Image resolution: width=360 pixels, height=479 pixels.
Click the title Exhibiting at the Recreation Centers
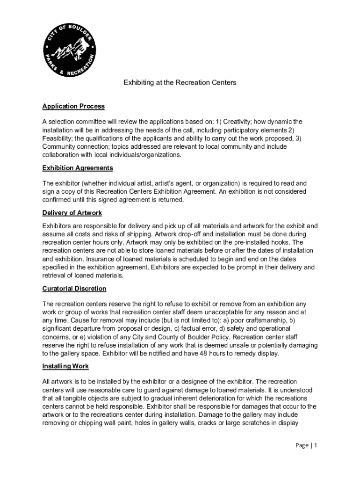180,83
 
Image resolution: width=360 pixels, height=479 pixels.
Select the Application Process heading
73,107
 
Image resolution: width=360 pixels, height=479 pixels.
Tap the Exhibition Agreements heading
78,168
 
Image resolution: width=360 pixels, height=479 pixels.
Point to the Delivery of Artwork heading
72,213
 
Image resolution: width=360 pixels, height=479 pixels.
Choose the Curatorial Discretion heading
74,289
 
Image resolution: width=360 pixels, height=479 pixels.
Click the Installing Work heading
65,366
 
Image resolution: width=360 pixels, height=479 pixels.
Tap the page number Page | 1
306,446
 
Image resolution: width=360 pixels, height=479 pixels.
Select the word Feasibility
58,138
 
